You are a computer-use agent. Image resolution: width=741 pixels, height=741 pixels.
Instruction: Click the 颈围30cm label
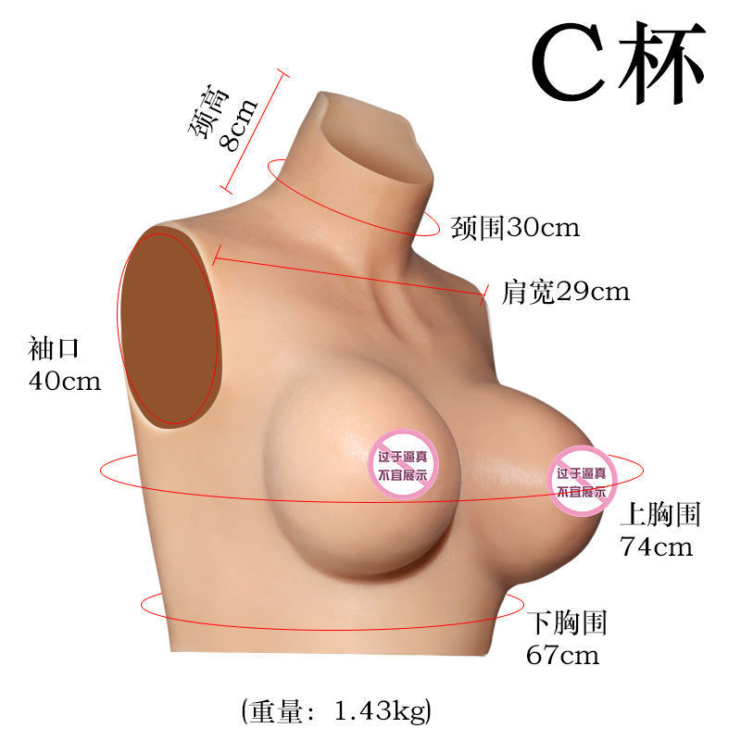point(515,228)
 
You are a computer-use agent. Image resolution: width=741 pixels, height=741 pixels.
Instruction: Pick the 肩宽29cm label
point(565,293)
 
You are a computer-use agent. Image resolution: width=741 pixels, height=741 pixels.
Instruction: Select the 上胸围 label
point(660,515)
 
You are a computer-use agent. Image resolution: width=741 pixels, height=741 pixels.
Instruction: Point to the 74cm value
point(656,546)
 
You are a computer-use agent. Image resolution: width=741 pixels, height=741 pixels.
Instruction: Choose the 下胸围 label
point(566,623)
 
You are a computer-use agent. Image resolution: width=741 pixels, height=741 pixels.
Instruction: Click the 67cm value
point(562,656)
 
